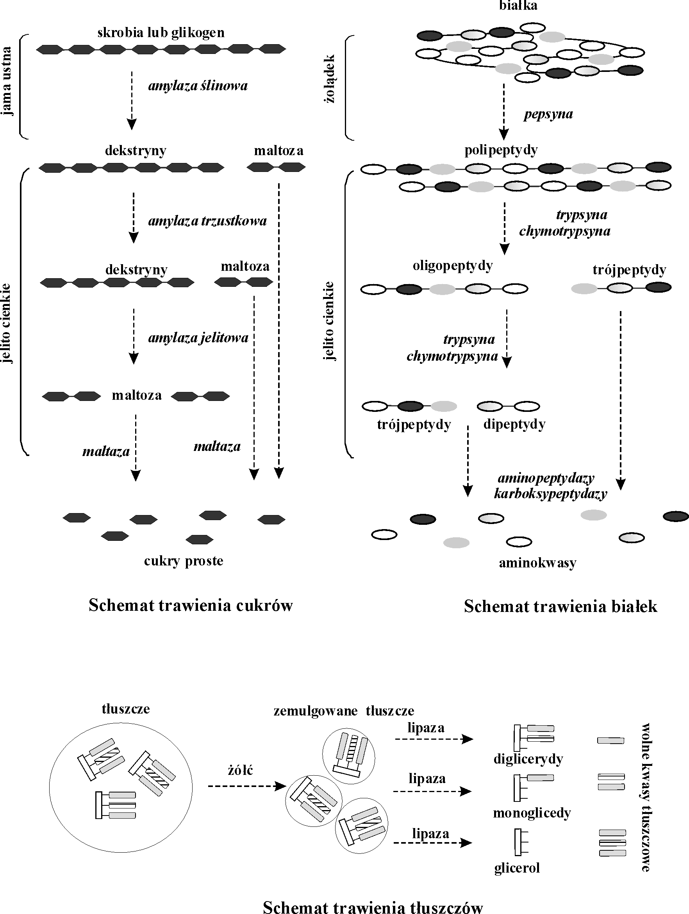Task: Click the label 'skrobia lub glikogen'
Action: click(x=161, y=33)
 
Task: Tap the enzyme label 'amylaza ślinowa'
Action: click(x=198, y=86)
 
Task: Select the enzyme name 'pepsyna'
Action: click(x=548, y=114)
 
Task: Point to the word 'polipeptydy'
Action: click(x=501, y=150)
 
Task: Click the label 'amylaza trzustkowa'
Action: click(x=207, y=221)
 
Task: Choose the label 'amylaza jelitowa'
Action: click(x=198, y=338)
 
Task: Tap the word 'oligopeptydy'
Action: click(x=453, y=266)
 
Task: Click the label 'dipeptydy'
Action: click(x=514, y=424)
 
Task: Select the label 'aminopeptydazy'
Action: click(x=546, y=478)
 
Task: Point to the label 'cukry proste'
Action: click(x=184, y=561)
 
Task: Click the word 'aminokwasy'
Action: click(x=537, y=563)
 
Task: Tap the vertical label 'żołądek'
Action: click(x=329, y=79)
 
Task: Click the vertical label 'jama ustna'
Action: click(x=6, y=81)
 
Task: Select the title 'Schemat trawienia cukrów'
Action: click(x=191, y=605)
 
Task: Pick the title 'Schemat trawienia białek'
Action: click(x=560, y=606)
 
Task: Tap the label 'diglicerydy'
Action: click(x=528, y=759)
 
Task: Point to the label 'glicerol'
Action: click(x=517, y=868)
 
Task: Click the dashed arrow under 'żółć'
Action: click(x=247, y=786)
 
